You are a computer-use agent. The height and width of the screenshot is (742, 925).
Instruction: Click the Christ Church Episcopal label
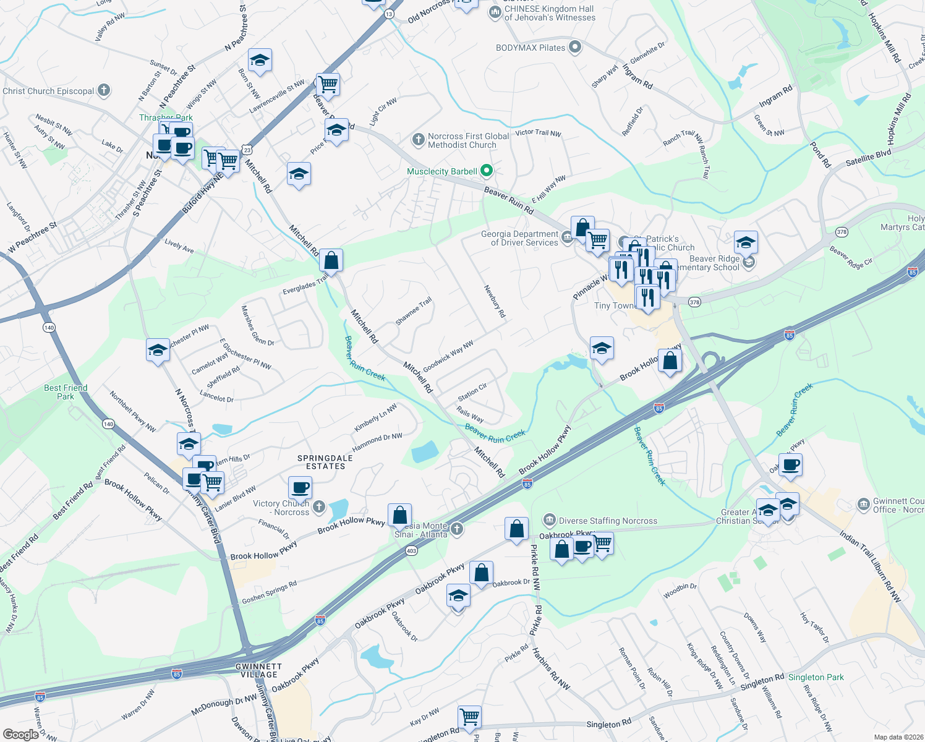click(48, 91)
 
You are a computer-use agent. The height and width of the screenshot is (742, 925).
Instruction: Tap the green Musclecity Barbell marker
click(487, 171)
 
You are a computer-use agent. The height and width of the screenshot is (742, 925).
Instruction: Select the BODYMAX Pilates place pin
click(575, 48)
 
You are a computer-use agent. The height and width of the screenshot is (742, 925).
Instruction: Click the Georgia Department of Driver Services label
click(519, 238)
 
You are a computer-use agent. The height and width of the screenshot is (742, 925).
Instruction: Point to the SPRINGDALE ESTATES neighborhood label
click(325, 462)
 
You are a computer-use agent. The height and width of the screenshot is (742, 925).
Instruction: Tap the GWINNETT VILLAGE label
click(258, 670)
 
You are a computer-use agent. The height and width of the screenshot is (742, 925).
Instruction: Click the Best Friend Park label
click(66, 392)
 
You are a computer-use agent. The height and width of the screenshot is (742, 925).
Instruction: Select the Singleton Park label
click(816, 677)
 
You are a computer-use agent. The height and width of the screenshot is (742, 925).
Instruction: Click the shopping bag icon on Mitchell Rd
click(331, 261)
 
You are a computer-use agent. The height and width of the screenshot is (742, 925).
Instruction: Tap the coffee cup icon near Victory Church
click(300, 488)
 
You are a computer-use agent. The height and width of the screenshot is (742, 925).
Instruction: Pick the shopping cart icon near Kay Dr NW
click(470, 717)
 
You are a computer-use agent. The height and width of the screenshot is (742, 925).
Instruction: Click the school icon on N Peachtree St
click(260, 61)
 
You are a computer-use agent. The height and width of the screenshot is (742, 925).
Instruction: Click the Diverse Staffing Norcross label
click(608, 521)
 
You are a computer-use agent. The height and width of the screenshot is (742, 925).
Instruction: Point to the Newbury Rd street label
click(495, 301)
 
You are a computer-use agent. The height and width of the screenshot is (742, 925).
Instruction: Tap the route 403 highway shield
click(411, 550)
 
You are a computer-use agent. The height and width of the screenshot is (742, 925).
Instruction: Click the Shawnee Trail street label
click(414, 311)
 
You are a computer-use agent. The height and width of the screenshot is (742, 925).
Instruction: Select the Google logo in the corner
click(20, 734)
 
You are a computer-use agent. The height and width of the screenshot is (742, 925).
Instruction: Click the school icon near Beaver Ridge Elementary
click(746, 243)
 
